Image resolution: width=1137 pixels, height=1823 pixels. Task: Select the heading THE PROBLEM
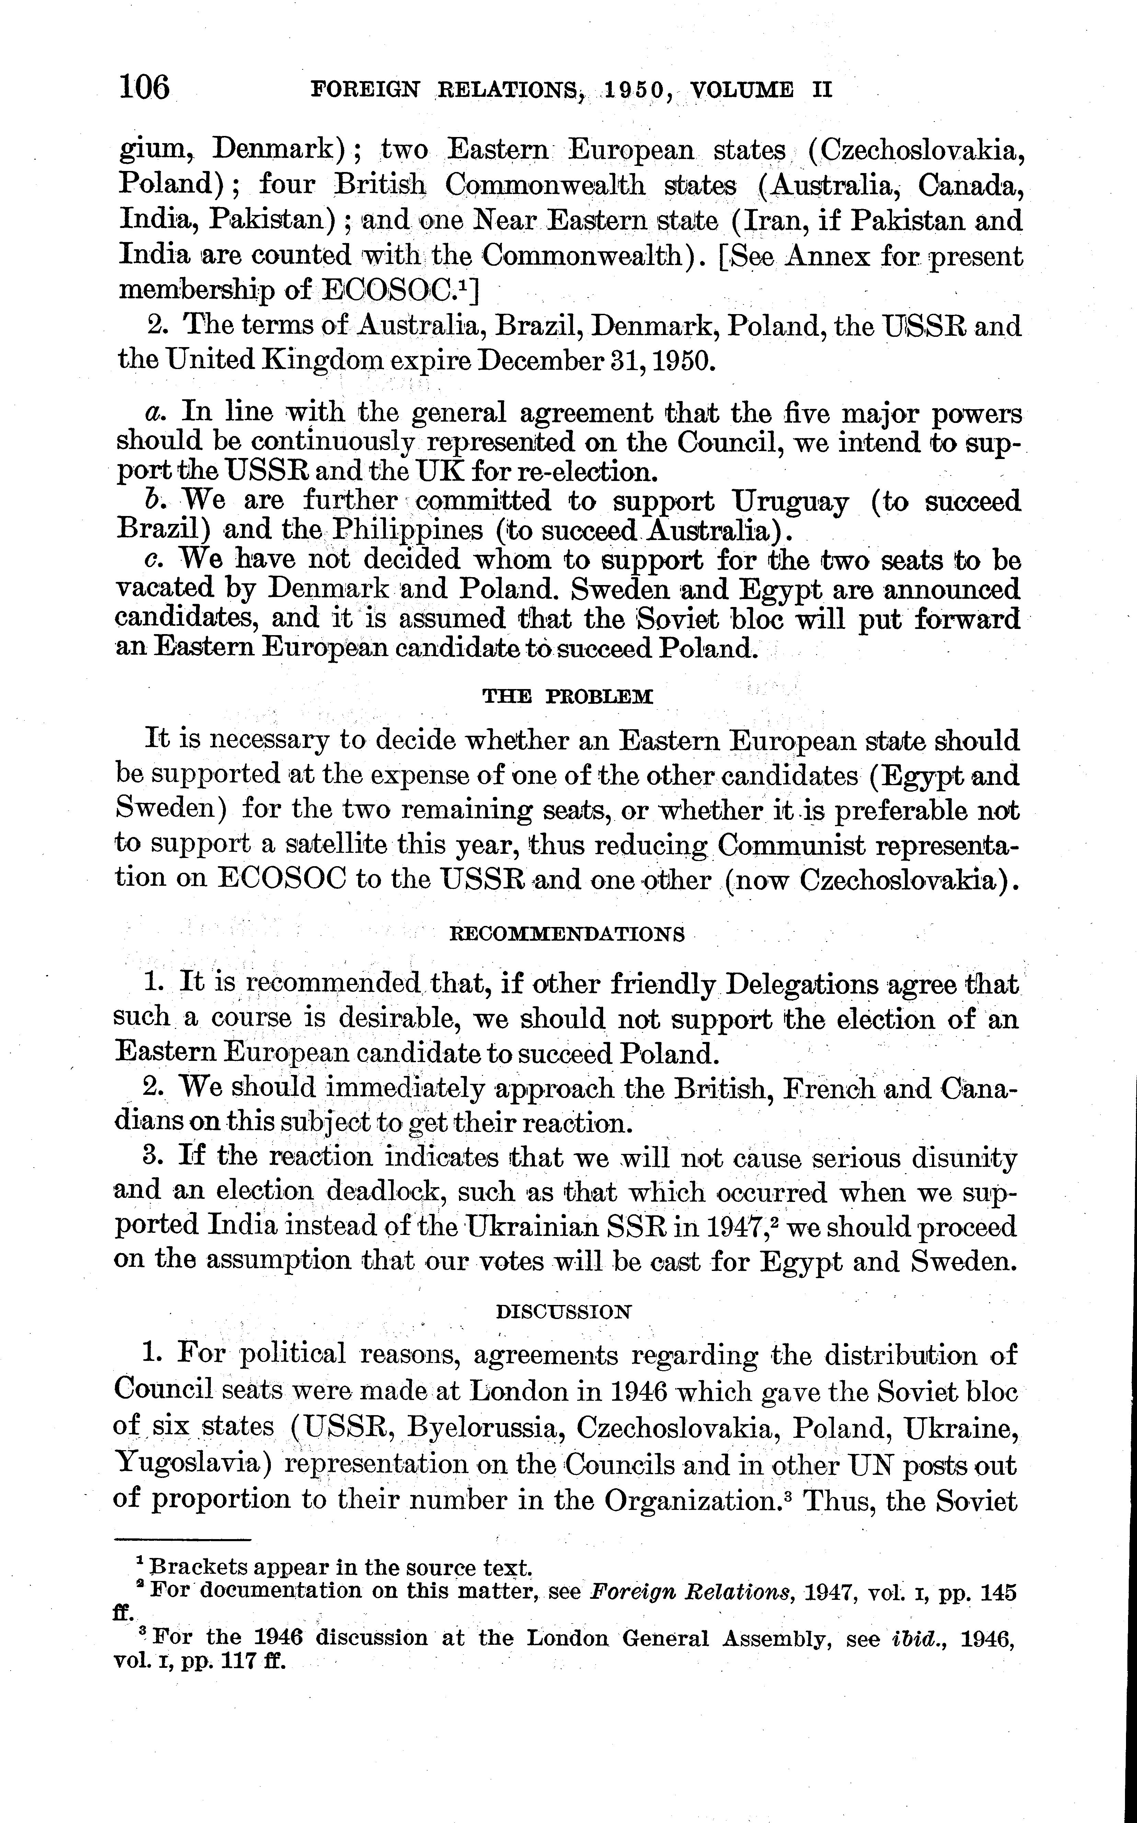568,696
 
